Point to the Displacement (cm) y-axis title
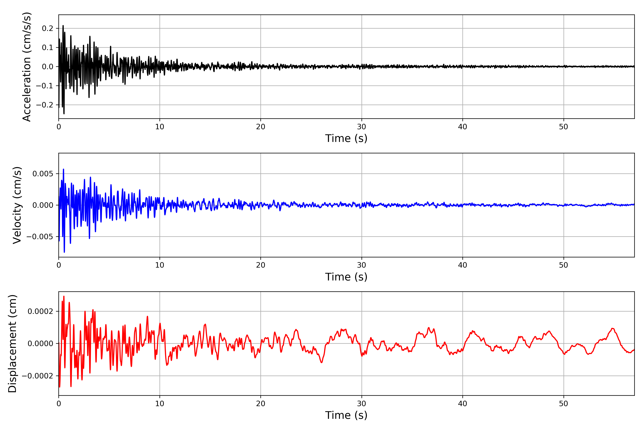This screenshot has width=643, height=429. coord(12,343)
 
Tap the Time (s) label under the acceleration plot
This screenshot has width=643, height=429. coord(346,138)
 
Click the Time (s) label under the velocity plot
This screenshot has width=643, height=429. coord(346,277)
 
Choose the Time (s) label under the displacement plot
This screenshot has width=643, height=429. coord(346,415)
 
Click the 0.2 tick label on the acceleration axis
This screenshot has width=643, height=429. coord(47,28)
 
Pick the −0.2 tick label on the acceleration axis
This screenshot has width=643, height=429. coord(44,105)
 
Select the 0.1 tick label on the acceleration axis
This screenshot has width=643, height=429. coord(47,48)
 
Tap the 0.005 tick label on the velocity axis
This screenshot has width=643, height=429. coord(43,174)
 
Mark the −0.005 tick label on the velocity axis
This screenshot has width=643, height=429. coord(40,237)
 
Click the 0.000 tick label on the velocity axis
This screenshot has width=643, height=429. coord(43,205)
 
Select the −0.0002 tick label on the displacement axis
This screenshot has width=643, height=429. coord(38,376)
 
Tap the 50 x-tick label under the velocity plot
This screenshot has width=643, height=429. coord(564,265)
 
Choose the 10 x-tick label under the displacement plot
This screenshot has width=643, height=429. coord(160,404)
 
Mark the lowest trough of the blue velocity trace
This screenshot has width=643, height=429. coord(64,252)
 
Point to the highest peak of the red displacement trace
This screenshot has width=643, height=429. coord(64,296)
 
